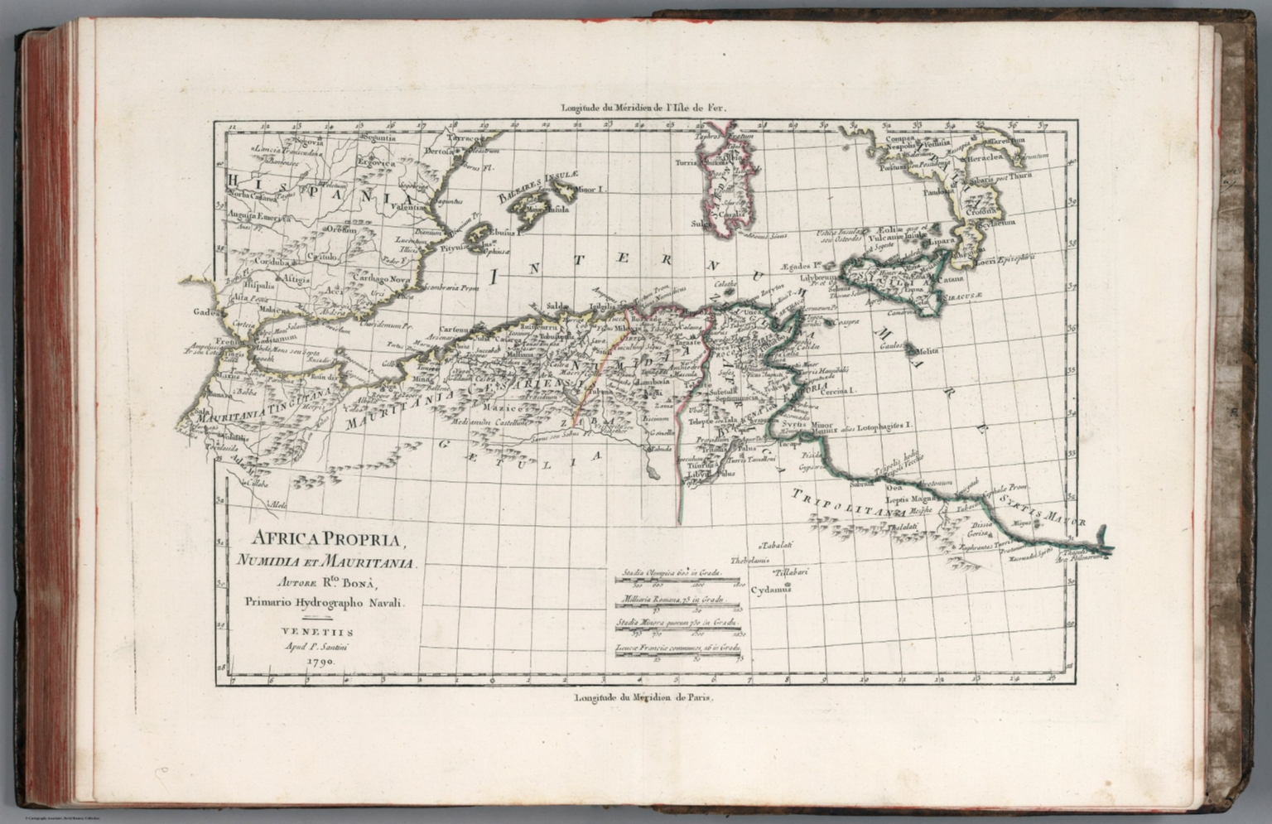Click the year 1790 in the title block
tap(319, 663)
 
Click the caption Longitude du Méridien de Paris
tap(636, 697)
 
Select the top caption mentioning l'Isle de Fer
tap(637, 107)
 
